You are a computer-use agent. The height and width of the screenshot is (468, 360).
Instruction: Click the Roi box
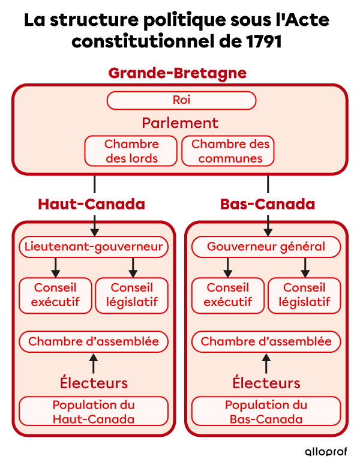tap(181, 100)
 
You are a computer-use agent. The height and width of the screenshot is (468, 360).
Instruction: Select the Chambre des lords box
tap(131, 151)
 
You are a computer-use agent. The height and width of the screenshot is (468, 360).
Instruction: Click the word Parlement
tap(180, 123)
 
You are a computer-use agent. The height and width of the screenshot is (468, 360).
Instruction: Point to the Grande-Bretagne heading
tap(177, 73)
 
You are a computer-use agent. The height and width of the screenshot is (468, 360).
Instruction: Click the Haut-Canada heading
tap(91, 204)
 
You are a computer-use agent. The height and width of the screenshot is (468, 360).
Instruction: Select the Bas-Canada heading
tap(267, 204)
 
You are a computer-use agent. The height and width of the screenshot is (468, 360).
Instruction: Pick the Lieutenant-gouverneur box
tap(94, 247)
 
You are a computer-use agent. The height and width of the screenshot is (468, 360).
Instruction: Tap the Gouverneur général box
tap(266, 247)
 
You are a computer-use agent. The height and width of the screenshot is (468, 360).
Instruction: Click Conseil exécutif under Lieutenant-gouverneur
tap(56, 295)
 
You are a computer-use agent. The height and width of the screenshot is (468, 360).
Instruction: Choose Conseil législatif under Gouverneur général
tap(304, 295)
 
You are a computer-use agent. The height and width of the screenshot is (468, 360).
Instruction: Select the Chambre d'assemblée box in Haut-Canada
tap(94, 341)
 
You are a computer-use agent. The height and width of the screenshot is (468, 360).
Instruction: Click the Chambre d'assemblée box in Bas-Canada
tap(266, 341)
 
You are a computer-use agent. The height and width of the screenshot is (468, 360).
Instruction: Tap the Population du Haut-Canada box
tap(94, 412)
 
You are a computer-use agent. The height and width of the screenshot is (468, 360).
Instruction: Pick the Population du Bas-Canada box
tap(266, 412)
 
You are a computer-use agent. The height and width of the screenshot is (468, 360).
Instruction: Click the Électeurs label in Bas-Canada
tap(266, 383)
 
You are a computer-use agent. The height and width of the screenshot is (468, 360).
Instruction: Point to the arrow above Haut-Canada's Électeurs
tap(94, 363)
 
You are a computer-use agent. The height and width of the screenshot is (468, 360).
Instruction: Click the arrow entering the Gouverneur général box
tap(268, 226)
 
